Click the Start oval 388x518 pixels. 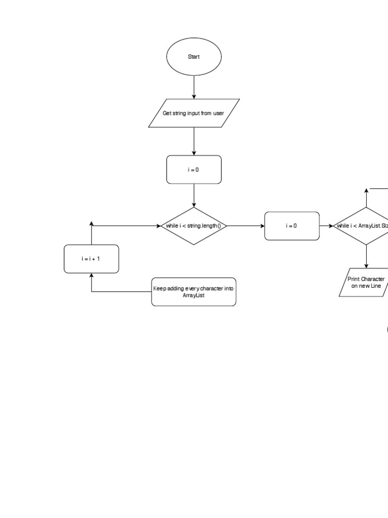pyautogui.click(x=193, y=57)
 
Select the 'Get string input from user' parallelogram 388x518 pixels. pyautogui.click(x=193, y=113)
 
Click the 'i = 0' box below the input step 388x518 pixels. pyautogui.click(x=193, y=170)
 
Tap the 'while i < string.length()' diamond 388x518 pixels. pyautogui.click(x=193, y=226)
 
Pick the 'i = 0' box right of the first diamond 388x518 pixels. pyautogui.click(x=292, y=226)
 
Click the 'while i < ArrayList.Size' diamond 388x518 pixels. pyautogui.click(x=366, y=226)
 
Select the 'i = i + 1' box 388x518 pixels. pyautogui.click(x=91, y=259)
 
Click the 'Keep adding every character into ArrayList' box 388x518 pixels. pyautogui.click(x=193, y=292)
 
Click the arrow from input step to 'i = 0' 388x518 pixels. pyautogui.click(x=193, y=142)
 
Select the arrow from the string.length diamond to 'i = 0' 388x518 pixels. pyautogui.click(x=246, y=226)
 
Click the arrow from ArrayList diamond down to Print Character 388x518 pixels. pyautogui.click(x=366, y=257)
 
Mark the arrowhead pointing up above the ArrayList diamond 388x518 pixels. pyautogui.click(x=366, y=191)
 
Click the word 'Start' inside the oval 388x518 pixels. pyautogui.click(x=193, y=57)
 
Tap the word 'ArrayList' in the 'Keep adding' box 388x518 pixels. pyautogui.click(x=193, y=295)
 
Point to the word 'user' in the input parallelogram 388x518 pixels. pyautogui.click(x=218, y=113)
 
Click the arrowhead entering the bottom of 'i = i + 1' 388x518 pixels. pyautogui.click(x=91, y=276)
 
